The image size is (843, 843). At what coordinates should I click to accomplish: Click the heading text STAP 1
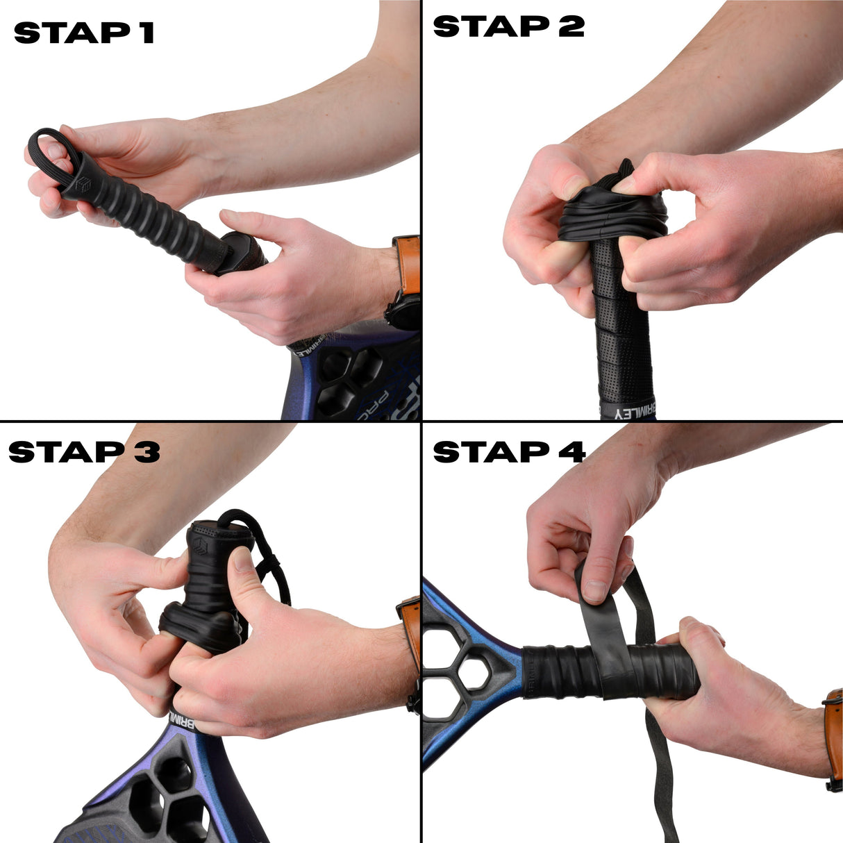click(83, 33)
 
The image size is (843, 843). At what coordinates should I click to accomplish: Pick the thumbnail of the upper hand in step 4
click(595, 590)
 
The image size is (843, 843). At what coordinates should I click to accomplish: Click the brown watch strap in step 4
click(833, 729)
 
